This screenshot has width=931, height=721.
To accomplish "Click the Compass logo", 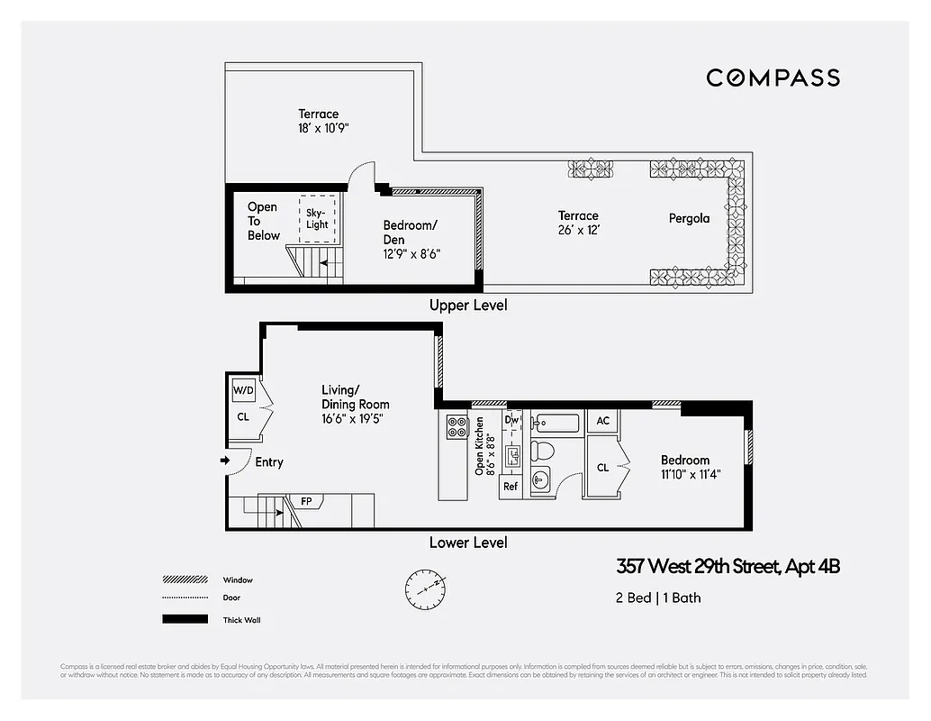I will [x=773, y=78].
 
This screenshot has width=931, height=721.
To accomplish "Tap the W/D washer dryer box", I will [x=243, y=391].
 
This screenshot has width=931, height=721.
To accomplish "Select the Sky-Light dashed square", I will [x=317, y=218].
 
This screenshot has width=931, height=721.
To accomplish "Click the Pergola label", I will [x=689, y=218].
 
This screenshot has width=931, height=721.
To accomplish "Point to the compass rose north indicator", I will [x=425, y=588].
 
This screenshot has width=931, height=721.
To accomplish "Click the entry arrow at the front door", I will [x=224, y=461].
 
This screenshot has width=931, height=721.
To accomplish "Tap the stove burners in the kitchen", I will [x=456, y=425].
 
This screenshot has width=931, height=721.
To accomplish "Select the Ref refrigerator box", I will [x=511, y=487].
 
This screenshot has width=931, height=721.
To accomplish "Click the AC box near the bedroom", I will [x=602, y=421].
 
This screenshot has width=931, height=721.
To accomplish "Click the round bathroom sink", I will [x=541, y=479].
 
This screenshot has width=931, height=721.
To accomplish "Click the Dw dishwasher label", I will [x=511, y=419].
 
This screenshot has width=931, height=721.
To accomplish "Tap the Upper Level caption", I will [x=468, y=306].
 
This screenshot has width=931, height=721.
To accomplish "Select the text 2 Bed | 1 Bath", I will [x=658, y=598].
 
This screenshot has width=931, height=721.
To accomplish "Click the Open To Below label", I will [x=263, y=221].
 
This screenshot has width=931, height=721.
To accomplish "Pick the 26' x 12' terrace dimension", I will [x=579, y=230].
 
